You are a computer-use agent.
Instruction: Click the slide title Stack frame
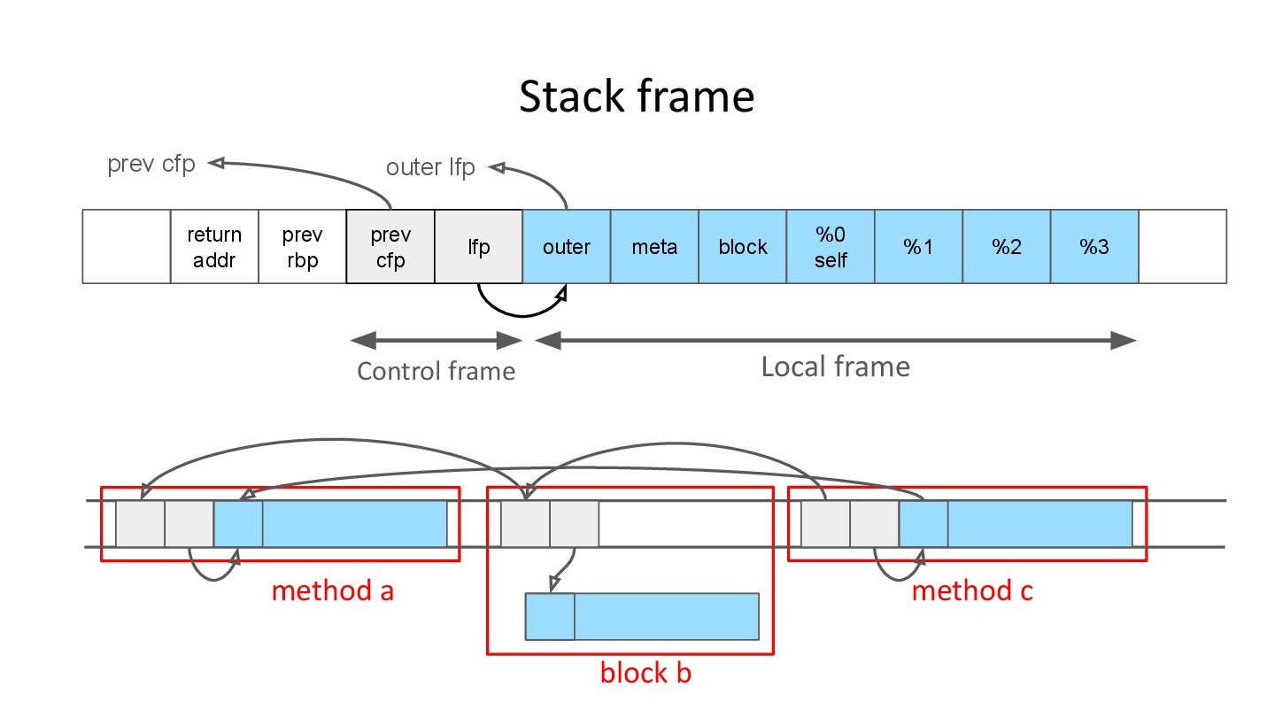click(637, 96)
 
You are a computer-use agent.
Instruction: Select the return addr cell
click(214, 247)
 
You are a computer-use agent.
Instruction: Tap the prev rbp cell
click(302, 247)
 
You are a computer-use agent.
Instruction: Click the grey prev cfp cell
click(390, 247)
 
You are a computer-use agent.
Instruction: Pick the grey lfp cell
click(479, 247)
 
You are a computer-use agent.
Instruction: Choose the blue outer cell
click(567, 247)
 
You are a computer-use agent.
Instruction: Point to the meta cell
click(654, 247)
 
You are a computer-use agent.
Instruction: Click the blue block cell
click(742, 247)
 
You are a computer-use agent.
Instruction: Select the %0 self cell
click(831, 247)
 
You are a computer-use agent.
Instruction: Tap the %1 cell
click(918, 247)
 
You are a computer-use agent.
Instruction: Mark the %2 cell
click(1007, 247)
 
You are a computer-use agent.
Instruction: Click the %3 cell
click(1094, 247)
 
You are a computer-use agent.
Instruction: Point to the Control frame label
click(436, 370)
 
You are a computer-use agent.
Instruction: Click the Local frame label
click(836, 366)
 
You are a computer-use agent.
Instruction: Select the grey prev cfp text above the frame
click(151, 165)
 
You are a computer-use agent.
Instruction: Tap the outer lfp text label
click(430, 167)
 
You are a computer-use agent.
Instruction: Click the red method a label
click(332, 590)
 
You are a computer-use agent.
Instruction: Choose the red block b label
click(645, 673)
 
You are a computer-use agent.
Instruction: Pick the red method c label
click(972, 590)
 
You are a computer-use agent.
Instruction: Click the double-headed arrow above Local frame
click(836, 340)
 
